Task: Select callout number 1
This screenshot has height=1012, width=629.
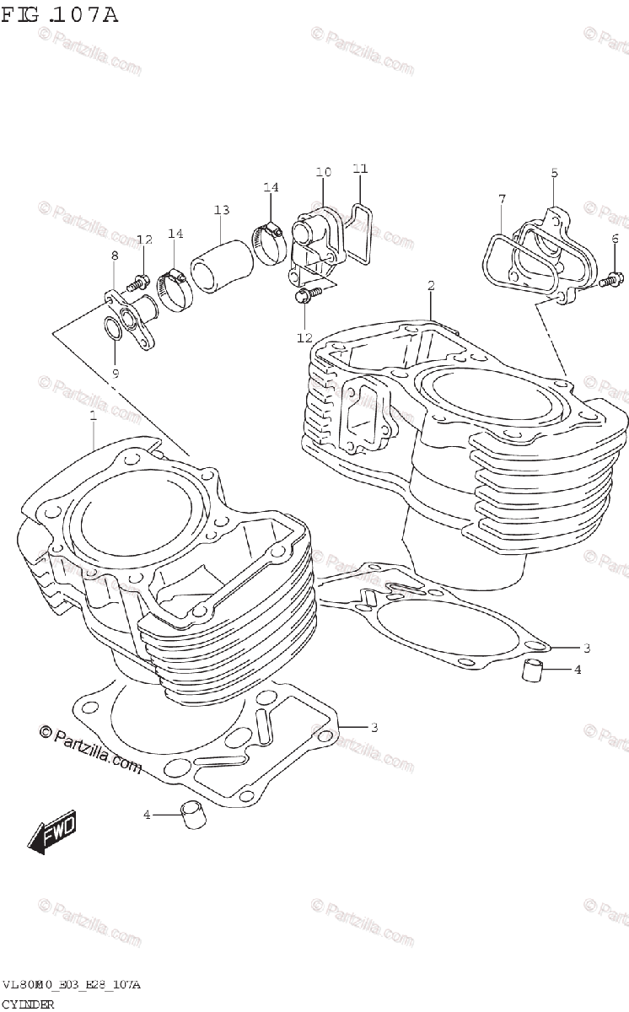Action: click(x=93, y=415)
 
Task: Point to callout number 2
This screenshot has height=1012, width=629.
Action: click(x=431, y=286)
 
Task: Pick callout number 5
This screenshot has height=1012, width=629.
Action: click(x=554, y=173)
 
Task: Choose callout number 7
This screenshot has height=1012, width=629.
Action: click(x=502, y=199)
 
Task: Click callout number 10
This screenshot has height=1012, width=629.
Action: click(x=324, y=173)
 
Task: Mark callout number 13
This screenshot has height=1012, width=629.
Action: click(x=221, y=209)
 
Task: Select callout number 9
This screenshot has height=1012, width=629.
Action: click(x=116, y=372)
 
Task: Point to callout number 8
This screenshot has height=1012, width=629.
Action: click(x=114, y=256)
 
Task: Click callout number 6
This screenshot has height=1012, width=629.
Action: click(x=615, y=238)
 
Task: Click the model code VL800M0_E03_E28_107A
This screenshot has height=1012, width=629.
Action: click(x=71, y=985)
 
